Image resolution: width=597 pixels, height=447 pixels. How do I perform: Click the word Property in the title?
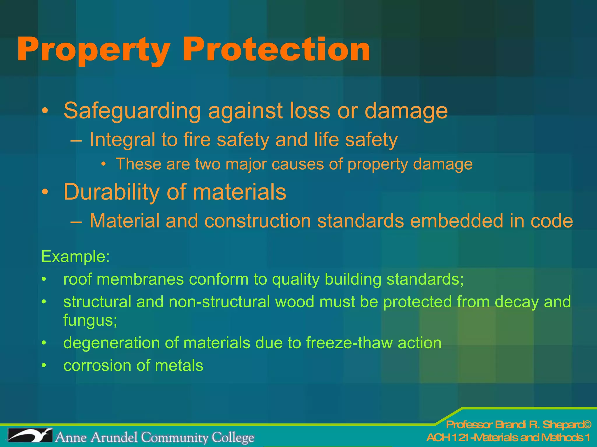coord(94,50)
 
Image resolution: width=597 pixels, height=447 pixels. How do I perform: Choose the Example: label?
coord(75,257)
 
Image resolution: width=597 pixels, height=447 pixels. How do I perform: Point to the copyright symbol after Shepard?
coord(587,425)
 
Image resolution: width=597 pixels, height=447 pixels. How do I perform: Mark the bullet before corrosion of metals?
coord(44,366)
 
